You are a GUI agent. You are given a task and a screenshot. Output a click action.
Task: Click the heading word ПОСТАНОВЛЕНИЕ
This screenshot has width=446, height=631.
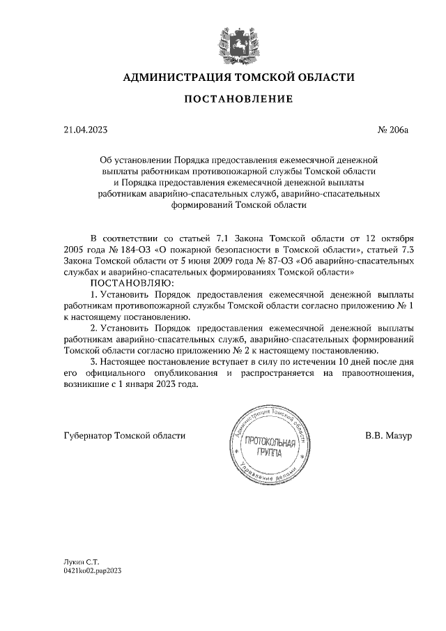[x=238, y=100]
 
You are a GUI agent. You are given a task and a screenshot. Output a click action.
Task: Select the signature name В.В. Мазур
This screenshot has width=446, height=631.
[x=389, y=435]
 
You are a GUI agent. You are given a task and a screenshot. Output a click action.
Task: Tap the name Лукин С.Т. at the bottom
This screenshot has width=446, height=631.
[x=81, y=561]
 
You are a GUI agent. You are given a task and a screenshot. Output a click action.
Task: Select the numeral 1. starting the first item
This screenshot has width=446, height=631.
[x=94, y=294]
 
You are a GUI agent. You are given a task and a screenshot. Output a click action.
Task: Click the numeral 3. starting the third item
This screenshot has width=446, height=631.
[x=94, y=362]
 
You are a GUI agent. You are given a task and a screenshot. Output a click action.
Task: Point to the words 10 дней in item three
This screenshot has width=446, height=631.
[x=354, y=362]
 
